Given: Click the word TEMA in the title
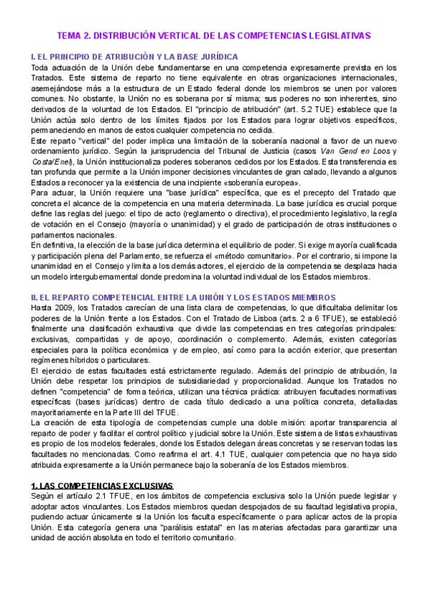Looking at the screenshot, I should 70,34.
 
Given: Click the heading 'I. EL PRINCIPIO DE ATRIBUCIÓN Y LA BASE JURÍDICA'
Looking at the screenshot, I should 135,57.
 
